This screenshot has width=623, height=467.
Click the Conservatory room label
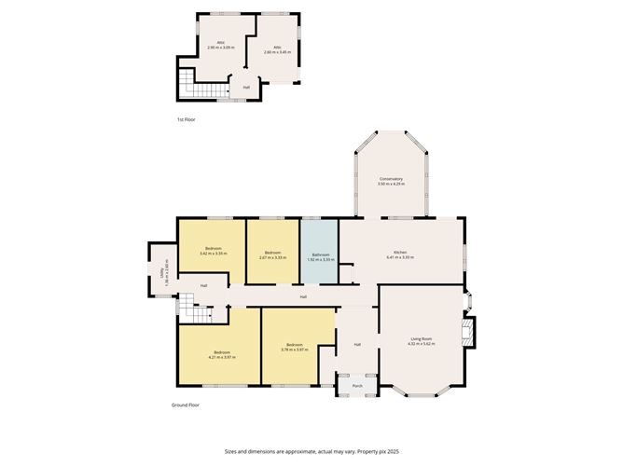point(390,181)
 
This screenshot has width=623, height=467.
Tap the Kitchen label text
point(400,254)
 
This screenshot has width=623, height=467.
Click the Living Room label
point(421,341)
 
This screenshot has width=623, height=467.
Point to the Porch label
point(357,385)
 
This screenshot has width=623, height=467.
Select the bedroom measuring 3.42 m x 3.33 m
point(213,252)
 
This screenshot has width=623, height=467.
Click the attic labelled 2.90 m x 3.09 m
point(221,45)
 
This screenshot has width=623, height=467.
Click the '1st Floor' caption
point(186,120)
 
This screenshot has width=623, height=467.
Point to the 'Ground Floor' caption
point(187,405)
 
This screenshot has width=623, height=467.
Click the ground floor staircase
point(197,309)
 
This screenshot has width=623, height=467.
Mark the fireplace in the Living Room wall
point(470,329)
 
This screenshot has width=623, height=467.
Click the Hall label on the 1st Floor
point(246,88)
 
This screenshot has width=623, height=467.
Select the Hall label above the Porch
point(357,345)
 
